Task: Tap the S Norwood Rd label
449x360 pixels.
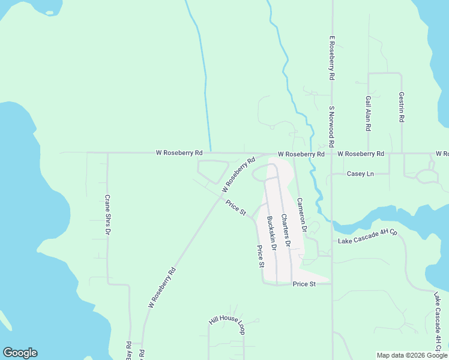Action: click(331, 127)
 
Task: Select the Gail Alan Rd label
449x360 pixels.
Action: click(369, 113)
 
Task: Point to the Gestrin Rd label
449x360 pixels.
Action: click(402, 107)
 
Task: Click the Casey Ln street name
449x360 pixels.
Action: click(360, 174)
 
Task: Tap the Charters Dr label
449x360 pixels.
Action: click(286, 230)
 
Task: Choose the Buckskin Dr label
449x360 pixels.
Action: click(271, 233)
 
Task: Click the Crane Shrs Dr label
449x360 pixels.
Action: click(108, 214)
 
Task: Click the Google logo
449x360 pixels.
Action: click(20, 353)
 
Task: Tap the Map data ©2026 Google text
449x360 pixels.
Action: click(412, 355)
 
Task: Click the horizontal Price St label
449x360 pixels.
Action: click(304, 284)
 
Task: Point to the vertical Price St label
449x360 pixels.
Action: click(261, 256)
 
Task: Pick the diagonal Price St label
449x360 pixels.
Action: click(236, 208)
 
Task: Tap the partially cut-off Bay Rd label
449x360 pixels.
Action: click(128, 352)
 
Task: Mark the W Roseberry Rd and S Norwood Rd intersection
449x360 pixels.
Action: click(332, 154)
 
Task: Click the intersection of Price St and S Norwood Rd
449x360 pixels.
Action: click(332, 283)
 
